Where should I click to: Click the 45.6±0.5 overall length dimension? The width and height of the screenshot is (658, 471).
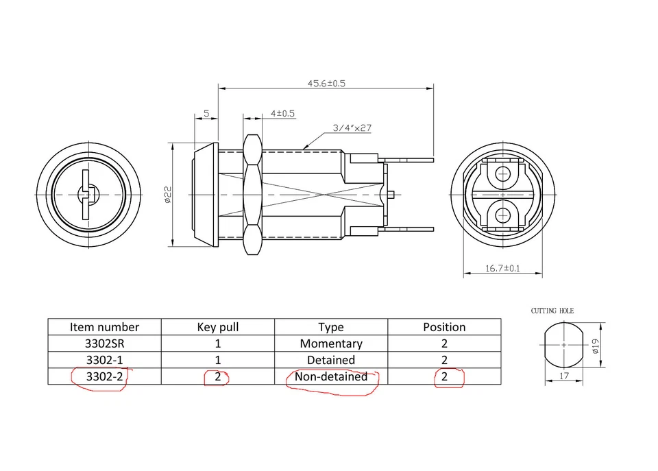pos(326,83)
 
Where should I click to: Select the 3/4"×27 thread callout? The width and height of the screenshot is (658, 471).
pos(352,128)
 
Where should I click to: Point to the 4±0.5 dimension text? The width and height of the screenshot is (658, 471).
pos(282,114)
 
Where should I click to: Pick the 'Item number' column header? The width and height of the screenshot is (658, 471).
pos(104,327)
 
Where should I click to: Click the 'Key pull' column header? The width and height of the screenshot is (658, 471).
pos(218,327)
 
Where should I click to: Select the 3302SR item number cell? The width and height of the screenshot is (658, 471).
pos(104,343)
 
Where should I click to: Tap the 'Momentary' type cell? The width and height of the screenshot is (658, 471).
pos(331,343)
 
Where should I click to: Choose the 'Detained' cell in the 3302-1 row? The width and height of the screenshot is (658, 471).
pos(331,360)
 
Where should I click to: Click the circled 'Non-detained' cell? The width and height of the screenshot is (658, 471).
pos(331,376)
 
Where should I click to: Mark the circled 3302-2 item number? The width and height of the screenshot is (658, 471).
pos(104,376)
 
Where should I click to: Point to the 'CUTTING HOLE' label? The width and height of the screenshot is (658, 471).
pos(552,311)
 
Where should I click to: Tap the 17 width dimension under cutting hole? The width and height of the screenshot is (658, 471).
pos(563,376)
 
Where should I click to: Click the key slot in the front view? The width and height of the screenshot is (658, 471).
pos(85,195)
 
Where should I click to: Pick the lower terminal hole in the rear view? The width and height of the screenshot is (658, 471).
pos(504,215)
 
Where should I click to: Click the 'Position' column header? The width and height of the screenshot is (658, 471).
pos(444,327)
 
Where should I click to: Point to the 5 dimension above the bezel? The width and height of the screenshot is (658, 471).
pos(206,114)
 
